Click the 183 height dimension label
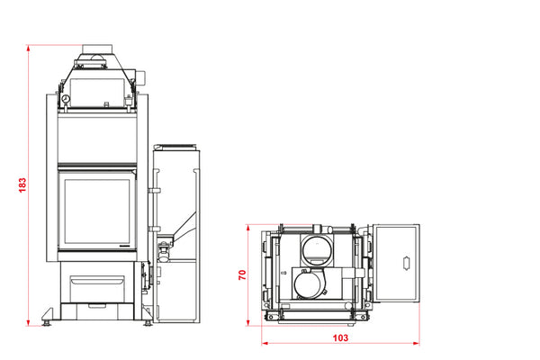22,185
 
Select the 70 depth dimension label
242,274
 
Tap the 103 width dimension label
340,337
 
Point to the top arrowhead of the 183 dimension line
28,48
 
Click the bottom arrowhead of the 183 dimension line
28,323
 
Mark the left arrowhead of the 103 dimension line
265,343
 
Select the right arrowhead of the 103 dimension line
417,343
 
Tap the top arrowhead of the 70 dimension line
247,228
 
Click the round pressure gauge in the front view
66,100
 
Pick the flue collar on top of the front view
97,49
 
